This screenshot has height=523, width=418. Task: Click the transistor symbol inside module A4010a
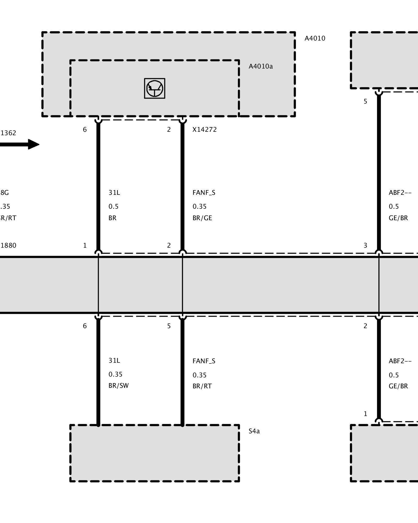point(155,88)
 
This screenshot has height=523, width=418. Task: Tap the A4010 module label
point(315,38)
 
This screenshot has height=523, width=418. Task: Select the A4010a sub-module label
point(260,66)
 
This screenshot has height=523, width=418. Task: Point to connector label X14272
point(205,130)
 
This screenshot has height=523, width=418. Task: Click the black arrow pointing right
point(20,144)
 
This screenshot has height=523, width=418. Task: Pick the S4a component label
point(254,431)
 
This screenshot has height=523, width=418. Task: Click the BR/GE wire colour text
point(202,218)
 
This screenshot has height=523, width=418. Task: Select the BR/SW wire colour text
point(119,386)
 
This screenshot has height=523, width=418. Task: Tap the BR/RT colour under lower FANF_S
point(202,386)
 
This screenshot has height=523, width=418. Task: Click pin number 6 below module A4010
point(85,130)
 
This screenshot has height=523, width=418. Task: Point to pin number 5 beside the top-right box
point(365,101)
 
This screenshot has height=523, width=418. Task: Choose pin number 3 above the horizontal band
point(365,246)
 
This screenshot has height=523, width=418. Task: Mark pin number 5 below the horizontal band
point(169,326)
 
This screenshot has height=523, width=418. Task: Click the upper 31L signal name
point(114,193)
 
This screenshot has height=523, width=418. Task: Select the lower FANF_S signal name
point(204,361)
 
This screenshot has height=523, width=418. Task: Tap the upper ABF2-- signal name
point(400,193)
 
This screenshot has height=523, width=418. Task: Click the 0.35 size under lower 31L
point(115,374)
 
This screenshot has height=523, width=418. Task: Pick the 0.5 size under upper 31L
point(113,207)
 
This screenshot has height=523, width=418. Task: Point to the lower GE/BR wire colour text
point(398,386)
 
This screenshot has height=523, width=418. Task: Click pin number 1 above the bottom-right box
point(365,414)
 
